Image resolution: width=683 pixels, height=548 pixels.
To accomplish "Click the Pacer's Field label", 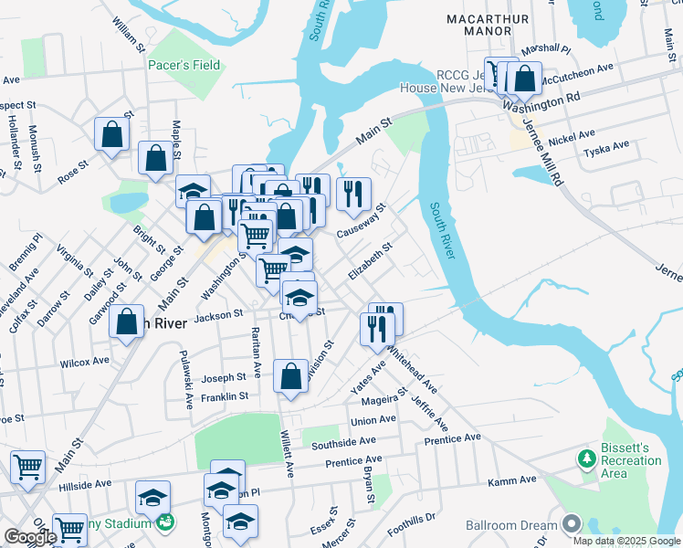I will click(x=184, y=66).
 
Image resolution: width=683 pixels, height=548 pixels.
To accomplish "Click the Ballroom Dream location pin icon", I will click(x=572, y=523).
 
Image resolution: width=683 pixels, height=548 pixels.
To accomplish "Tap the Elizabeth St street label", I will click(x=371, y=261).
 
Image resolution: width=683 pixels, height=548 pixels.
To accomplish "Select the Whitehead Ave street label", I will click(x=412, y=368).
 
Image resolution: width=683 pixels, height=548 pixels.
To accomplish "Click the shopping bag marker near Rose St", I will click(x=111, y=134).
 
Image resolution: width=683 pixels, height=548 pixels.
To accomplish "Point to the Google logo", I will click(x=30, y=536).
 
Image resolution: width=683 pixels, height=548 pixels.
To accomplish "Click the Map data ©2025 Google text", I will click(x=625, y=540).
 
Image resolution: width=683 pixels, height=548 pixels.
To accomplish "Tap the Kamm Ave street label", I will click(x=512, y=480).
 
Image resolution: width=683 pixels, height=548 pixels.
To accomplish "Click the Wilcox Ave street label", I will click(x=84, y=362).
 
